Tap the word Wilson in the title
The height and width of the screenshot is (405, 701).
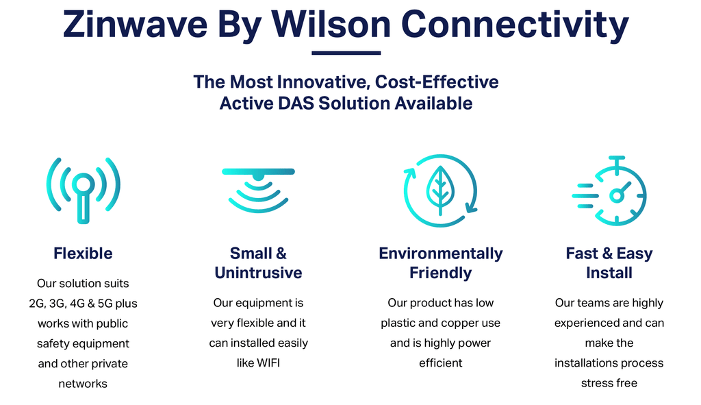tap(331, 25)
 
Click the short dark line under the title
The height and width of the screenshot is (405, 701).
tap(346, 53)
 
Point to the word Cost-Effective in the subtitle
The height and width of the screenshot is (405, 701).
tap(440, 82)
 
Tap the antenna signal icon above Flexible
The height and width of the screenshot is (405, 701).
tap(83, 190)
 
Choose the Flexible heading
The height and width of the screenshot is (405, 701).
tap(83, 254)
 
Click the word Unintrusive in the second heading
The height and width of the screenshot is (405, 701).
tap(258, 273)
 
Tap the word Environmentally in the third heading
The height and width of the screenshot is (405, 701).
tap(440, 254)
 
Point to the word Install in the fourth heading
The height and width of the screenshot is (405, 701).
tap(609, 273)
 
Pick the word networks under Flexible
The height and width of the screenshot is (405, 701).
tap(83, 384)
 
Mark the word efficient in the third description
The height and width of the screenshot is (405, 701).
tap(440, 363)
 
